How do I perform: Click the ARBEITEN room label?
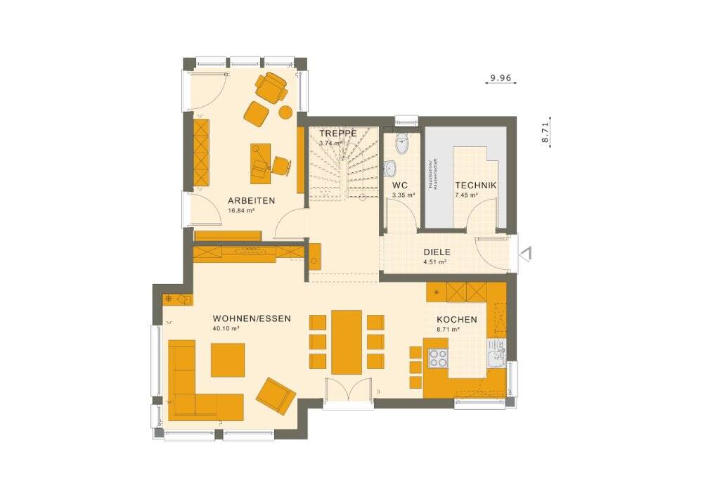click(251, 200)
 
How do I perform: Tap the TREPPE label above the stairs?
click(338, 133)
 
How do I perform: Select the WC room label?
click(400, 186)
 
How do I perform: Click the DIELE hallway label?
click(437, 252)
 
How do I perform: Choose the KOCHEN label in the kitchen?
click(456, 319)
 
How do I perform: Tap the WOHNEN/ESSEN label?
click(251, 318)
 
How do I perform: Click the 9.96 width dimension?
click(501, 77)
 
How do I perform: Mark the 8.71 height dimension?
click(545, 131)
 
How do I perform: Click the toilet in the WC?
click(401, 144)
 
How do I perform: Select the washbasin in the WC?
click(392, 169)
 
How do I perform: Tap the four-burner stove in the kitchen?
click(437, 358)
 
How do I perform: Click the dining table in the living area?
click(347, 342)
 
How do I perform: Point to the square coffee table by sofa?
click(228, 360)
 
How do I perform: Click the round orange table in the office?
click(285, 111)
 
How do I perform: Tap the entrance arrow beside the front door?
click(526, 253)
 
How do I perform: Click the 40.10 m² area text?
click(226, 328)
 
